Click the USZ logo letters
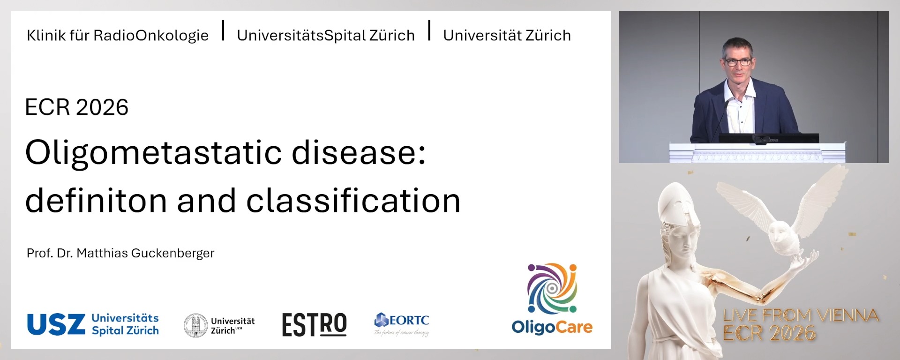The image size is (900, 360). click(x=56, y=324)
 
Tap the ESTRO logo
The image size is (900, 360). click(x=314, y=324)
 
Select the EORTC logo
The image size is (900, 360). click(x=402, y=321)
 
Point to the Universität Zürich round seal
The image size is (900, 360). click(x=195, y=325)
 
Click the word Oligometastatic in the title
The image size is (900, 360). click(x=153, y=153)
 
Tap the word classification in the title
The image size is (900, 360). click(x=353, y=201)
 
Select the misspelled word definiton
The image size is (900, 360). click(x=96, y=201)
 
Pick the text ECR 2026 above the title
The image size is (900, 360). click(x=76, y=107)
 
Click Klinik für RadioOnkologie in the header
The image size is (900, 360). click(x=118, y=36)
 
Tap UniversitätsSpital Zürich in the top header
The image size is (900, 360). click(x=326, y=36)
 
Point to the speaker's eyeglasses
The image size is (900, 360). click(x=738, y=61)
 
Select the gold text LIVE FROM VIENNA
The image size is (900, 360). click(x=801, y=315)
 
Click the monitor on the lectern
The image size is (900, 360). click(x=769, y=138)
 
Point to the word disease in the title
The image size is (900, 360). click(x=359, y=153)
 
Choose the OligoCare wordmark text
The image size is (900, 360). click(x=552, y=327)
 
